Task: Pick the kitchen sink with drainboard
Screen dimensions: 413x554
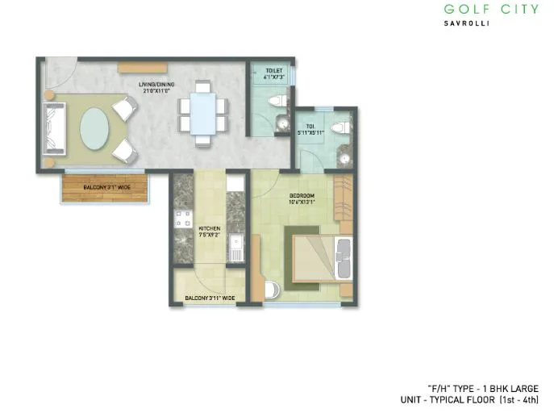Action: tap(235, 246)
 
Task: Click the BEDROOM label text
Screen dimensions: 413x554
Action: tap(302, 196)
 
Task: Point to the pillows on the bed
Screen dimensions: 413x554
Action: tap(342, 257)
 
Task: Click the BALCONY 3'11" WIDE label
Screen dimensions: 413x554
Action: tap(210, 298)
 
